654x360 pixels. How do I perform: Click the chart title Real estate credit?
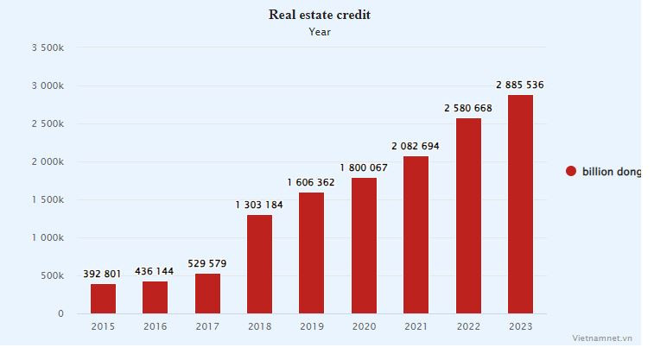tap(319, 15)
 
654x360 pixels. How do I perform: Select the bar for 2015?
tap(103, 298)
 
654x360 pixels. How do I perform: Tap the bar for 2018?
tap(259, 263)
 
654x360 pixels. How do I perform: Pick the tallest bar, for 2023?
tap(520, 204)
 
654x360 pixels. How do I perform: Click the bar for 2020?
tap(364, 245)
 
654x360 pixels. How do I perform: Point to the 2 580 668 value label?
tap(468, 108)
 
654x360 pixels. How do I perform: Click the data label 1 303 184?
tap(259, 205)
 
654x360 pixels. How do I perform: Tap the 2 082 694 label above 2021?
tap(415, 146)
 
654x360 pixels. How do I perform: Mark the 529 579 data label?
tap(208, 263)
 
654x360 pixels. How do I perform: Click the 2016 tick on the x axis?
tap(156, 326)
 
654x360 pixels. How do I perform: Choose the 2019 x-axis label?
tap(311, 326)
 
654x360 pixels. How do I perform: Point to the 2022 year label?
tap(467, 326)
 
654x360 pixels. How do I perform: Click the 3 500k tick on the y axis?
tap(48, 48)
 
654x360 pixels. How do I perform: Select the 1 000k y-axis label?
tap(48, 237)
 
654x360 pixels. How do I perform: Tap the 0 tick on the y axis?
tap(60, 313)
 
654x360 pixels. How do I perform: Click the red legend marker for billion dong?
tap(570, 172)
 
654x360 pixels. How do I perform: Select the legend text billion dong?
tap(611, 172)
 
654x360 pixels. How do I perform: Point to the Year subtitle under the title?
tap(320, 32)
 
